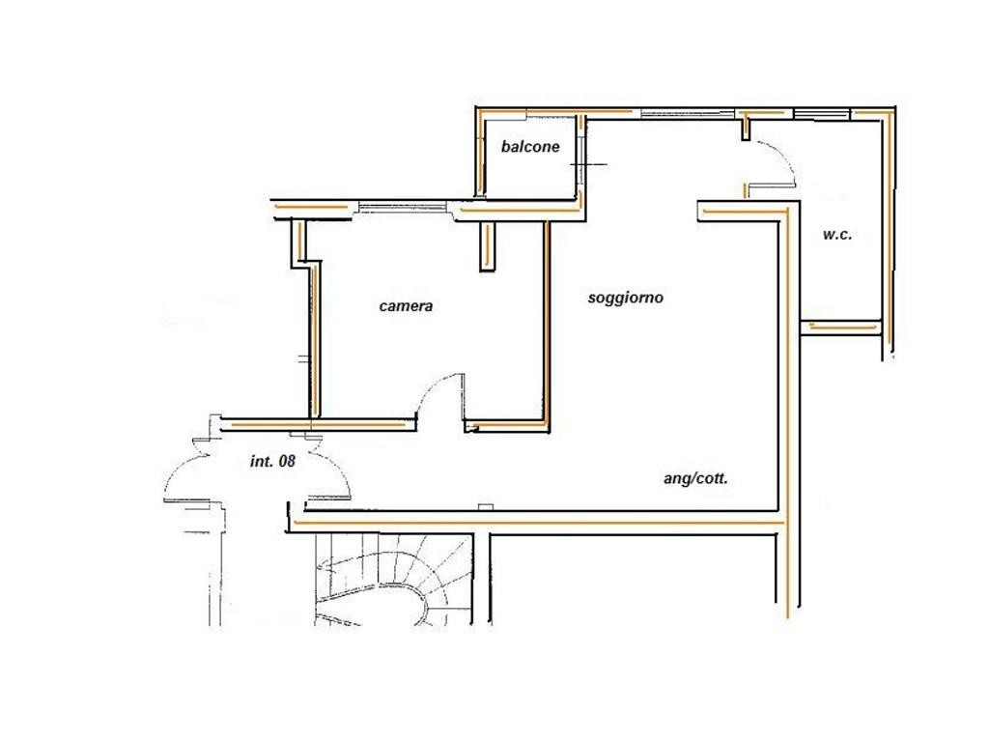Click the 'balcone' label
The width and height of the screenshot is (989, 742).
pyautogui.click(x=530, y=147)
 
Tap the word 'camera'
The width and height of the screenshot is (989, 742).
pyautogui.click(x=406, y=306)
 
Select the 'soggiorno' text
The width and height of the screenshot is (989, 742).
pyautogui.click(x=625, y=298)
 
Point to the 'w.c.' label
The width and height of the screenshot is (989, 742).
pyautogui.click(x=837, y=234)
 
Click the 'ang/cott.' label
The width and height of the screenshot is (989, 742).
pyautogui.click(x=695, y=478)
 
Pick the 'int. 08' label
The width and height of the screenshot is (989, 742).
pyautogui.click(x=272, y=461)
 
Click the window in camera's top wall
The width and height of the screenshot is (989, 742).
pyautogui.click(x=403, y=207)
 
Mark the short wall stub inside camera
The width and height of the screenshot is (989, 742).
pyautogui.click(x=488, y=246)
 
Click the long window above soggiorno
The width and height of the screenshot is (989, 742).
pyautogui.click(x=688, y=114)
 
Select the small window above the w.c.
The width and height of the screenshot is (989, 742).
pyautogui.click(x=821, y=114)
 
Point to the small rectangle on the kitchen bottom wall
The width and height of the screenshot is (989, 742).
pyautogui.click(x=486, y=506)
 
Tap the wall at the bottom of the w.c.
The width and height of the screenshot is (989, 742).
pyautogui.click(x=841, y=328)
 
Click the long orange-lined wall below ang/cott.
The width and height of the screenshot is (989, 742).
pyautogui.click(x=536, y=523)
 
